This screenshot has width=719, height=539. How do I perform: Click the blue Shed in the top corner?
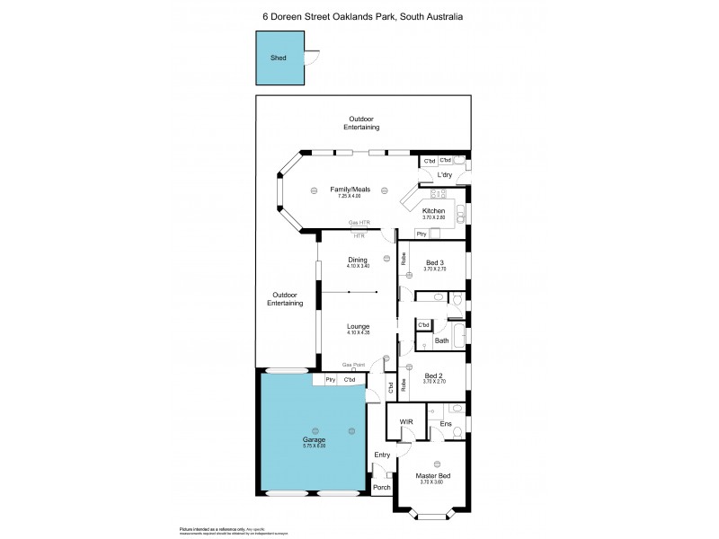pyautogui.click(x=279, y=57)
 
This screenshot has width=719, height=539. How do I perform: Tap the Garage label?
pyautogui.click(x=314, y=439)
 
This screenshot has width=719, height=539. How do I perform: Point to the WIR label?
pyautogui.click(x=404, y=420)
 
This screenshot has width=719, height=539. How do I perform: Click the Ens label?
pyautogui.click(x=445, y=423)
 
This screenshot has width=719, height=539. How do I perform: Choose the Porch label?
pyautogui.click(x=381, y=490)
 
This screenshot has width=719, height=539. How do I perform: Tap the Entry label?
pyautogui.click(x=382, y=455)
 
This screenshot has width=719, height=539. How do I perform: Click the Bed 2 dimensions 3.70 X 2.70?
pyautogui.click(x=432, y=382)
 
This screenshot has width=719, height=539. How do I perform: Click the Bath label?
pyautogui.click(x=441, y=340)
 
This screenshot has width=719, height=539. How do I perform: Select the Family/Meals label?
pyautogui.click(x=350, y=190)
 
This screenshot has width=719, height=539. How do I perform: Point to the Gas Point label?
pyautogui.click(x=353, y=365)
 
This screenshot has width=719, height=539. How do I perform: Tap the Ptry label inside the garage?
pyautogui.click(x=330, y=380)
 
